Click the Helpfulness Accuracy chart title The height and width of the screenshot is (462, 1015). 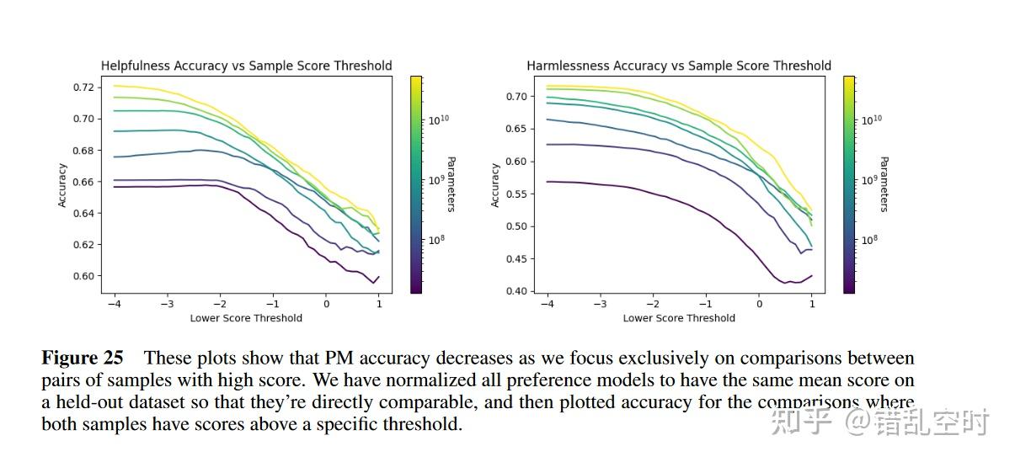[246, 66]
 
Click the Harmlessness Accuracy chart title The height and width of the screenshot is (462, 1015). [678, 66]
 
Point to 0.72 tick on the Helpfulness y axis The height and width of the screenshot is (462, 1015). [83, 87]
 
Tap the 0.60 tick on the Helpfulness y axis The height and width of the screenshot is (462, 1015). [83, 276]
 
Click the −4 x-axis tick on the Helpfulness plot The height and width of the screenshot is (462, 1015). [113, 304]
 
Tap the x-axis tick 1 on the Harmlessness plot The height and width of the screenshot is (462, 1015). [812, 304]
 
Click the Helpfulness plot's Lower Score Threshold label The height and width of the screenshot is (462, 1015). [246, 318]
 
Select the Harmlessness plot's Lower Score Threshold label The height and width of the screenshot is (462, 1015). [679, 318]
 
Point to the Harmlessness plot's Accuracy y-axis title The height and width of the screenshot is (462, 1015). [495, 184]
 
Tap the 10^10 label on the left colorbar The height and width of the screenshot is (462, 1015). [439, 120]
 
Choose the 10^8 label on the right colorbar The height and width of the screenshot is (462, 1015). [871, 240]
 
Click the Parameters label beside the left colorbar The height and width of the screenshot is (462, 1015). [451, 184]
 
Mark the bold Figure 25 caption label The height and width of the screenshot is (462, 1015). [83, 358]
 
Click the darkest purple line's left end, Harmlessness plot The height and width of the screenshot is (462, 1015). [547, 182]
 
